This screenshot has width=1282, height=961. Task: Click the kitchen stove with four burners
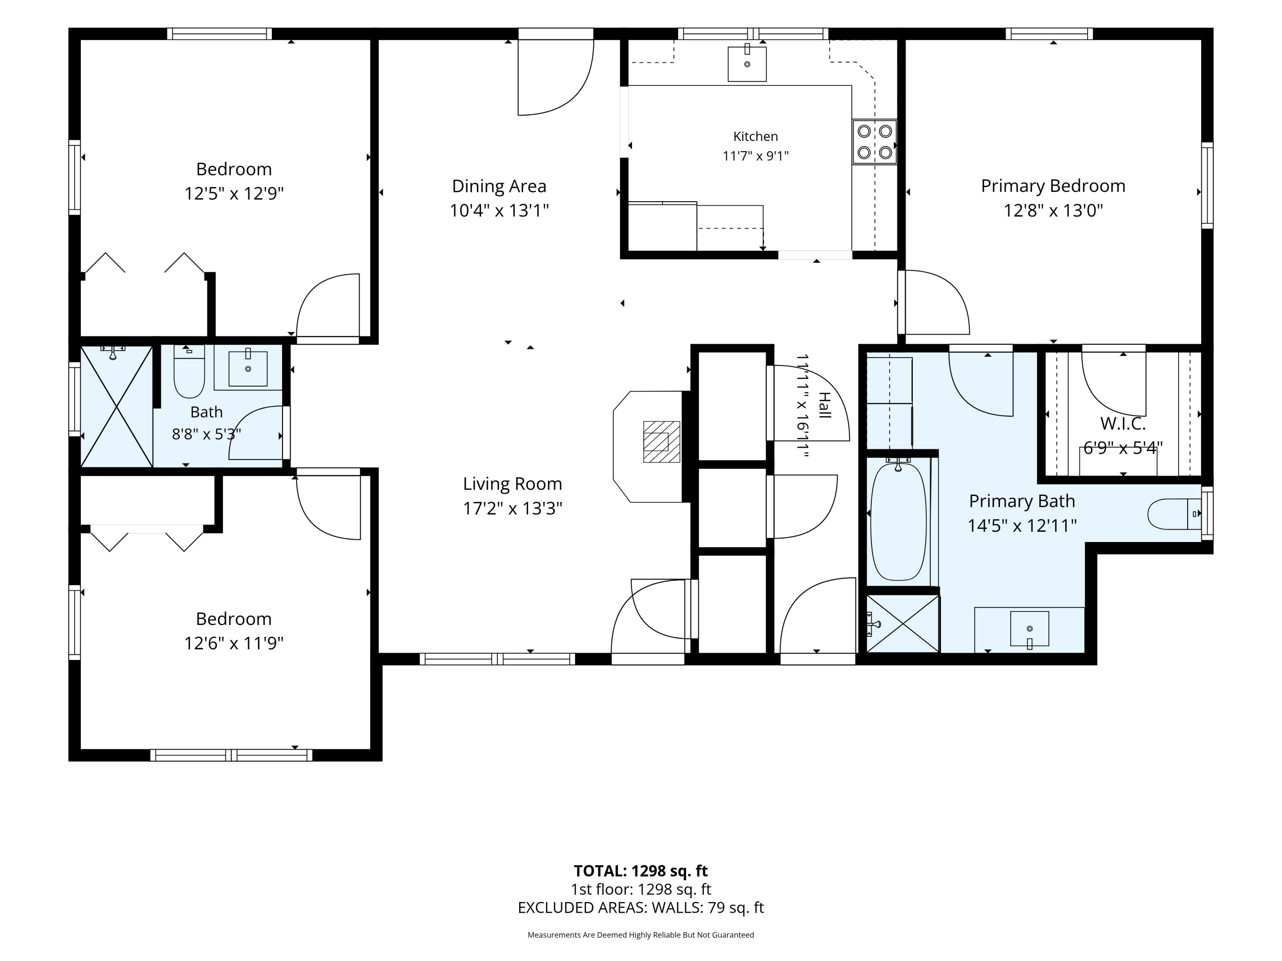pos(875,142)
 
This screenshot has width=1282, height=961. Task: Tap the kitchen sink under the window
pos(747,63)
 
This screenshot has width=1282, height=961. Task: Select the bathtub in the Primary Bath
pos(898,522)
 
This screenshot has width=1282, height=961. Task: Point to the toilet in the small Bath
pos(189,371)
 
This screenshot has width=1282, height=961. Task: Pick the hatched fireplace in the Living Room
pos(661,441)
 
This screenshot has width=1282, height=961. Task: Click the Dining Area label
pos(499,186)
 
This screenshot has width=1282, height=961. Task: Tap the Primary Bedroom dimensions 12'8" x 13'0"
pos(1053,210)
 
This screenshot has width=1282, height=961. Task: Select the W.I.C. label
pos(1123,423)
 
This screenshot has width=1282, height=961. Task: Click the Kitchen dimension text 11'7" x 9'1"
pos(756,156)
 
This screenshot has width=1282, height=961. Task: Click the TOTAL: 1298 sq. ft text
pos(641,870)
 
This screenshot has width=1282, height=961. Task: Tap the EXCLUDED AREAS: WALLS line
pos(641,908)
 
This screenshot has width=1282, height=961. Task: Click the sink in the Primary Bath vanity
pos(1029,629)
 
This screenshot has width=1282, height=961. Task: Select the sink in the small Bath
pos(248,368)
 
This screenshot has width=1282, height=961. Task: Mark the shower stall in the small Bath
pos(117,406)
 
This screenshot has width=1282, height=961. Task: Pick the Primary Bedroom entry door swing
pos(934,302)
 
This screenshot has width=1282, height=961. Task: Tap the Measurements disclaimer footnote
pos(641,935)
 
